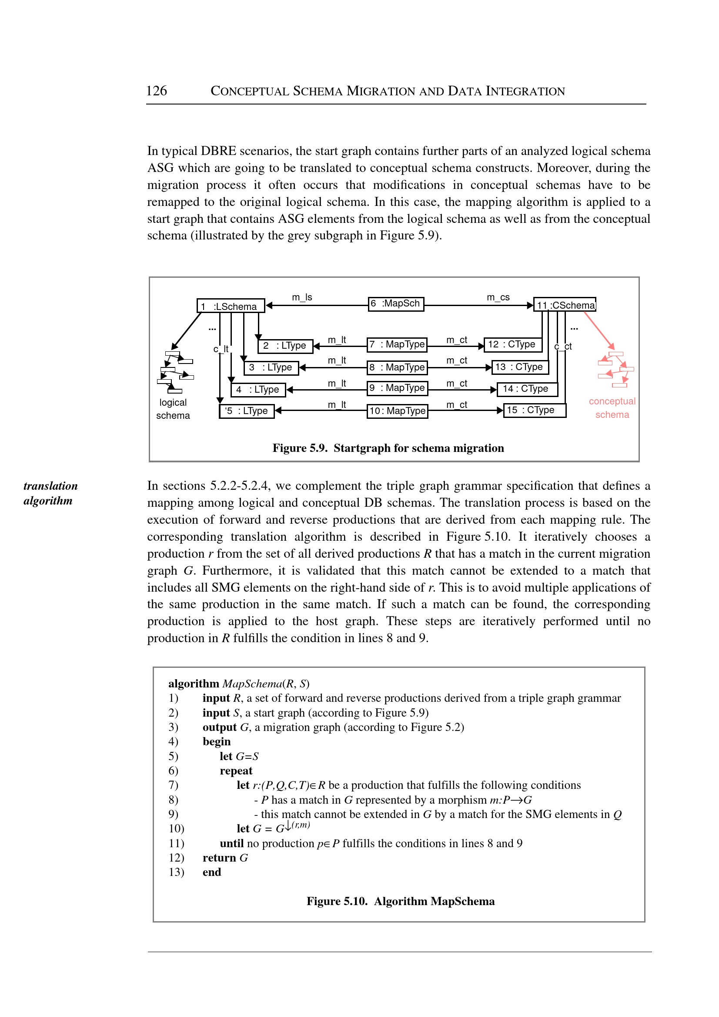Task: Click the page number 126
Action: tap(156, 91)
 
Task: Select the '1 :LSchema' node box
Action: tap(230, 306)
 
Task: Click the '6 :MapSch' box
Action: tap(396, 304)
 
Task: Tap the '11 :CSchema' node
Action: tap(565, 305)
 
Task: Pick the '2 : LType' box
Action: tap(285, 346)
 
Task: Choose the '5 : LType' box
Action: tap(247, 411)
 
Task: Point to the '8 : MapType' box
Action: tap(397, 367)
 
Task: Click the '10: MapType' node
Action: tap(397, 411)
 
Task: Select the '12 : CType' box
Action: tap(512, 344)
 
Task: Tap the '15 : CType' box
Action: tap(535, 411)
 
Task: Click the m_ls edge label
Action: tap(302, 297)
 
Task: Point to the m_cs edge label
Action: tap(498, 297)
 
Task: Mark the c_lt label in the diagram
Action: tap(221, 349)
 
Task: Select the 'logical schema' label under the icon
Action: tap(173, 409)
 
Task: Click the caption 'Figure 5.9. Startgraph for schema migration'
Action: tap(388, 448)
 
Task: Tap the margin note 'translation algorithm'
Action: tap(50, 493)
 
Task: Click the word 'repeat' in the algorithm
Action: tap(236, 771)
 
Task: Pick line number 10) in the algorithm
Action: tap(176, 828)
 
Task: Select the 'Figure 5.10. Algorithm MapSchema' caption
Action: tap(400, 901)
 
